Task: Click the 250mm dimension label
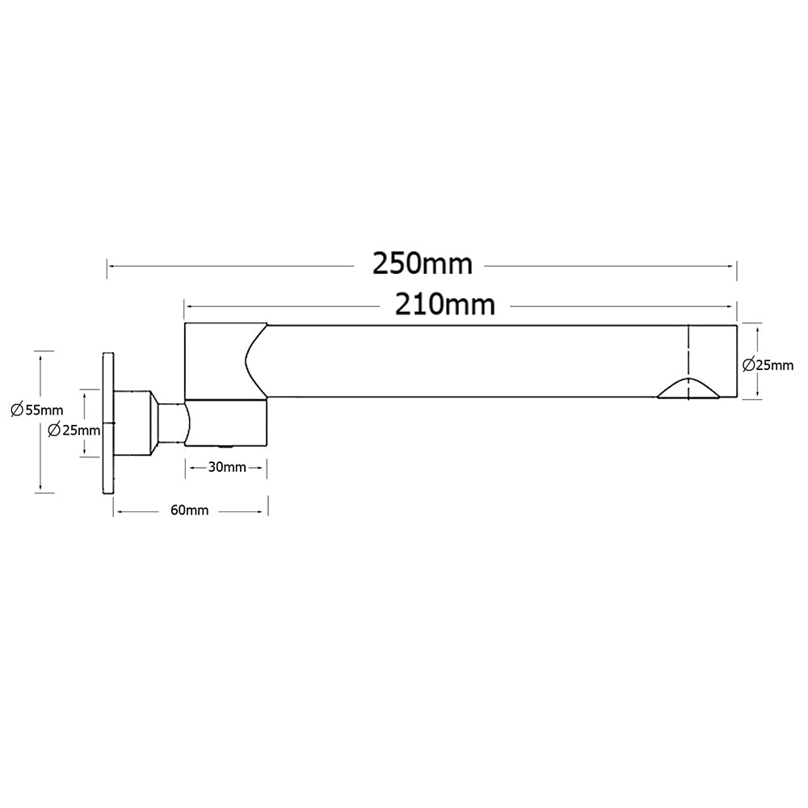click(x=421, y=264)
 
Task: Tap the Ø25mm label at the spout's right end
click(x=768, y=365)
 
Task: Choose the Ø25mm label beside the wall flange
click(x=74, y=429)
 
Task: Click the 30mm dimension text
click(x=226, y=467)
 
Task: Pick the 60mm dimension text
click(x=190, y=510)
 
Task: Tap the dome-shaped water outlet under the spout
click(x=688, y=389)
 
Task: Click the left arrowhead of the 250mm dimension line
click(x=111, y=264)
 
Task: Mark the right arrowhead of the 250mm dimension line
click(x=733, y=264)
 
